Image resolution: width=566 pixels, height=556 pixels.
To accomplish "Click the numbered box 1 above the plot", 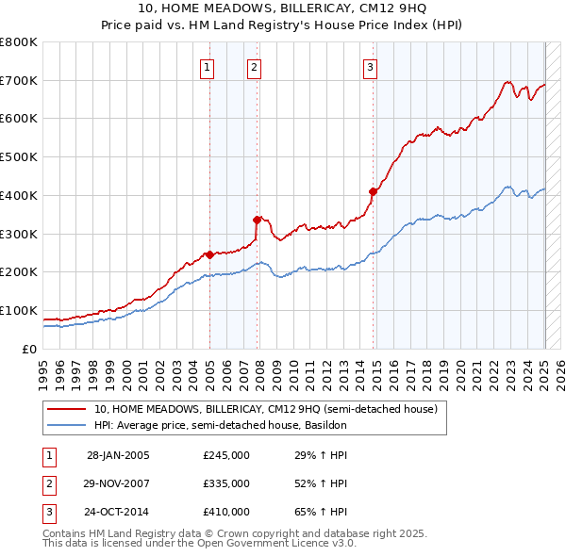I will (206, 67).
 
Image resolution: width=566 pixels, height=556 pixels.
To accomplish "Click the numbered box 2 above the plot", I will (255, 67).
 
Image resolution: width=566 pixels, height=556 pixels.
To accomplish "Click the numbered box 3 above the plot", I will (370, 67).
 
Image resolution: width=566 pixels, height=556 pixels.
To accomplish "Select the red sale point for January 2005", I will (209, 254).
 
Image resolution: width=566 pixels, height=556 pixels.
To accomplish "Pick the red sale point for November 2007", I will (258, 220).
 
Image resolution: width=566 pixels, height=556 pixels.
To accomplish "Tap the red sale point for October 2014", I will (373, 191).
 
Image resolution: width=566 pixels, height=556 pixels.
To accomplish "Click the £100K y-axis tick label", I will (18, 310).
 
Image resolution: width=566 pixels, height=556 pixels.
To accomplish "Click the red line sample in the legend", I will (66, 410).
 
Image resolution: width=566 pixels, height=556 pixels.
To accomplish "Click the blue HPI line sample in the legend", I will (66, 425).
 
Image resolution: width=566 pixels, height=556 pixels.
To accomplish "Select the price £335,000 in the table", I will (225, 483).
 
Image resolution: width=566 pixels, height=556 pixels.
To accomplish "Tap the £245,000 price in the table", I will (225, 455).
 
